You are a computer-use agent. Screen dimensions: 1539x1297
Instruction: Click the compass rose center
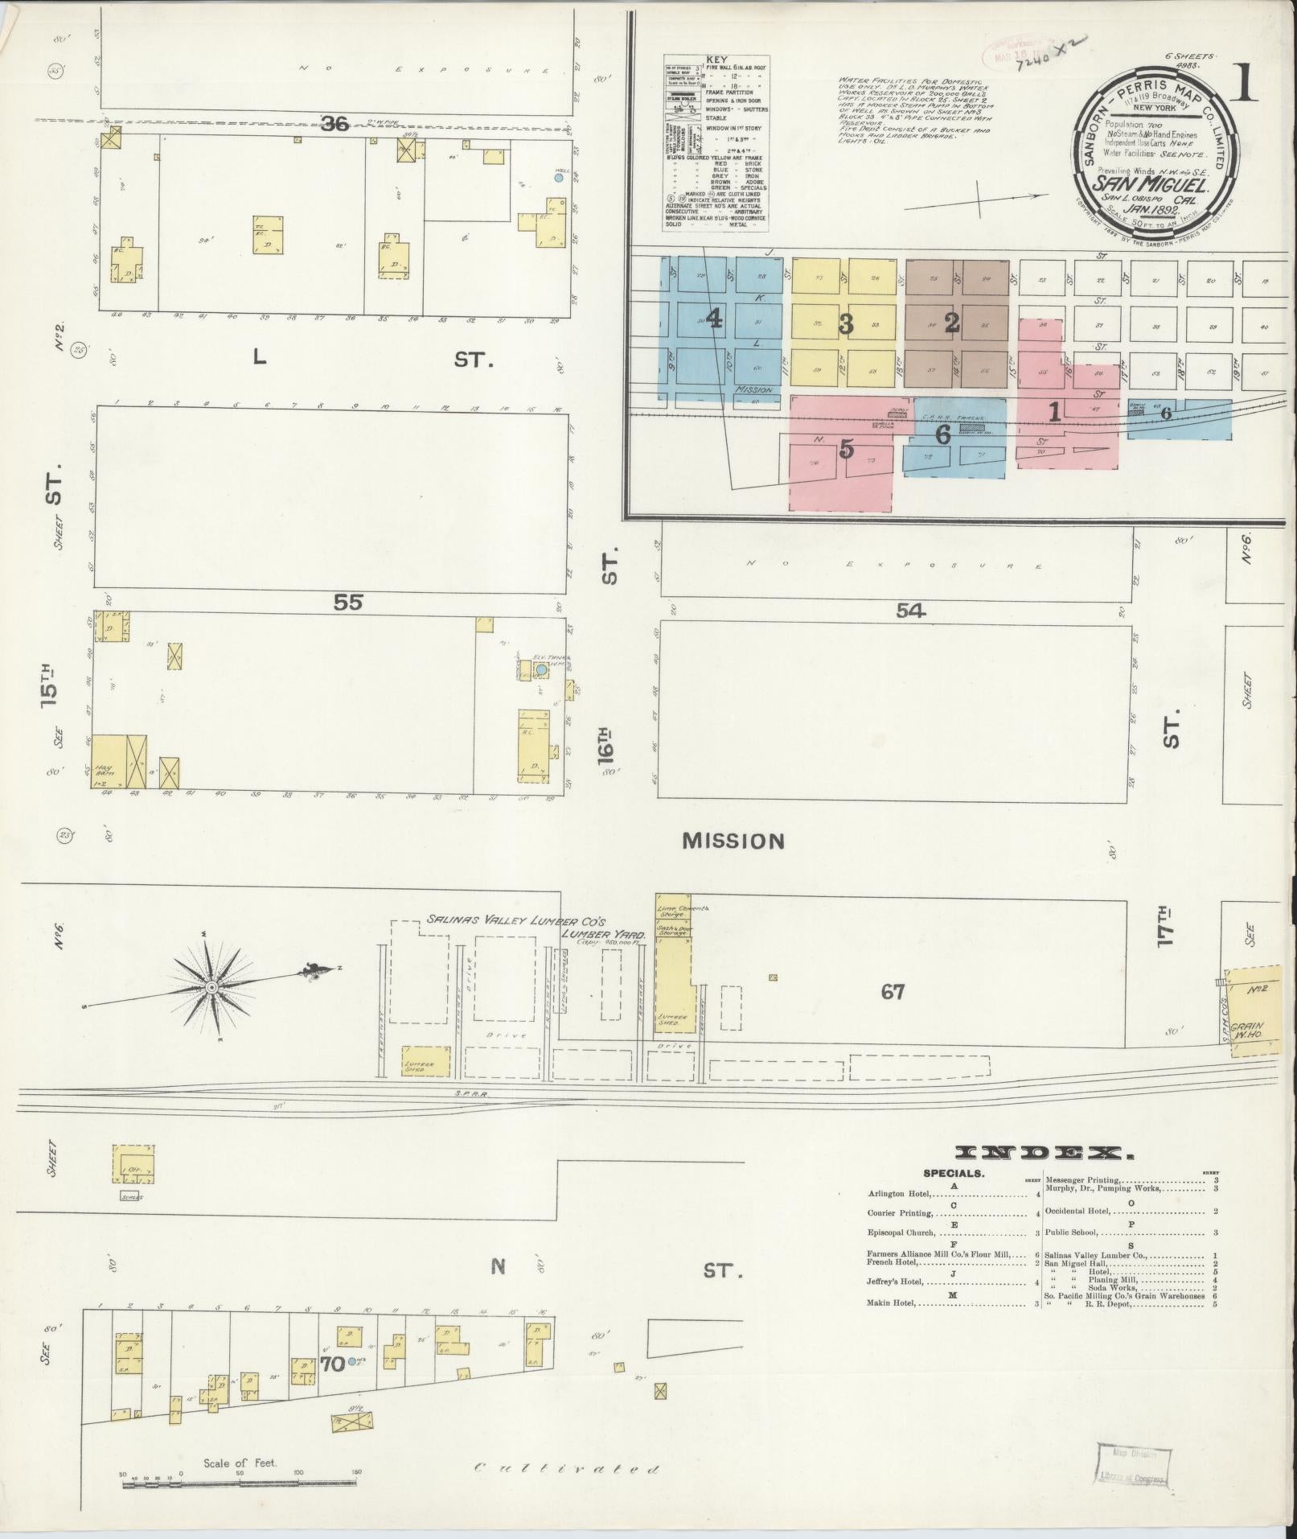tap(211, 986)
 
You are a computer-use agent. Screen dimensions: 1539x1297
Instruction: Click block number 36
tap(335, 123)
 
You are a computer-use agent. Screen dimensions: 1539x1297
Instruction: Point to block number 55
tap(349, 601)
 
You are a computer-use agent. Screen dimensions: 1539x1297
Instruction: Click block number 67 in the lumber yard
tap(893, 992)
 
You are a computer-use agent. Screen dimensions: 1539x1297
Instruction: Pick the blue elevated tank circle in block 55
tap(541, 669)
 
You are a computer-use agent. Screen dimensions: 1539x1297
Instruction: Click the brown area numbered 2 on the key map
tap(952, 323)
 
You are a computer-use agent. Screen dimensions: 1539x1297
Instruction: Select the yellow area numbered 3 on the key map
tap(845, 323)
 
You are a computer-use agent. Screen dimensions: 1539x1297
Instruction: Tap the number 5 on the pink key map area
tap(845, 449)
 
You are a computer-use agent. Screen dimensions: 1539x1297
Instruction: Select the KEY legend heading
tap(715, 60)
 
